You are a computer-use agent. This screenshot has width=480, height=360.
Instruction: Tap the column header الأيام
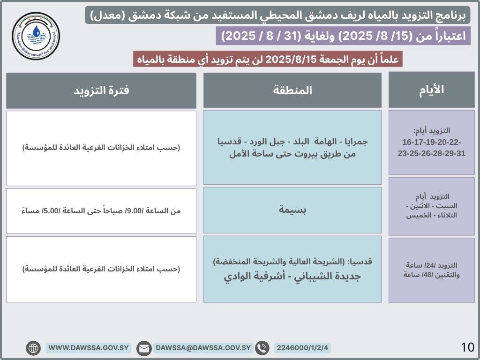point(431,90)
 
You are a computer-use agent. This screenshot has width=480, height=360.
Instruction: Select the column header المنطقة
point(292,90)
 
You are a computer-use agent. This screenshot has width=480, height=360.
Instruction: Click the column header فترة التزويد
point(101,90)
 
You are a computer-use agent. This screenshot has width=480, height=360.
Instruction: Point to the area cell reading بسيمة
point(292,210)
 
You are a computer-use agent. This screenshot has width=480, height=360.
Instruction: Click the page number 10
point(467,347)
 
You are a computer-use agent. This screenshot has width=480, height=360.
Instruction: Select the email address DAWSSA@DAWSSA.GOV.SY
point(203,348)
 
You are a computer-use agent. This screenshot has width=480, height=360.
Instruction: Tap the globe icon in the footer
point(33,348)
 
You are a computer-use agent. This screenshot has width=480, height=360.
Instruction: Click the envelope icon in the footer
point(144,348)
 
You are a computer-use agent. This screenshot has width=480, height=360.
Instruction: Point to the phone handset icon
point(262,348)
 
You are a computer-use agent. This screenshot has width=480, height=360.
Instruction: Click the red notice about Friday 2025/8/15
point(268,60)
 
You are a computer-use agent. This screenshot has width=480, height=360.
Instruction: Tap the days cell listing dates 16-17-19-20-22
point(431,142)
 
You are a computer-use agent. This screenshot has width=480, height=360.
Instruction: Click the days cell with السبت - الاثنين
point(431,206)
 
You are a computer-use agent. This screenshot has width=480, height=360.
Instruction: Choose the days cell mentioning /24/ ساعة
point(431,270)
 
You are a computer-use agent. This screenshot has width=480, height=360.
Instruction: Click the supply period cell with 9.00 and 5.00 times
point(101,211)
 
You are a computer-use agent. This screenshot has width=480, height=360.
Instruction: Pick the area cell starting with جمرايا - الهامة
point(292,148)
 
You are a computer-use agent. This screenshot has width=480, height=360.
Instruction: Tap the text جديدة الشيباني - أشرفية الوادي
point(292,277)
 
